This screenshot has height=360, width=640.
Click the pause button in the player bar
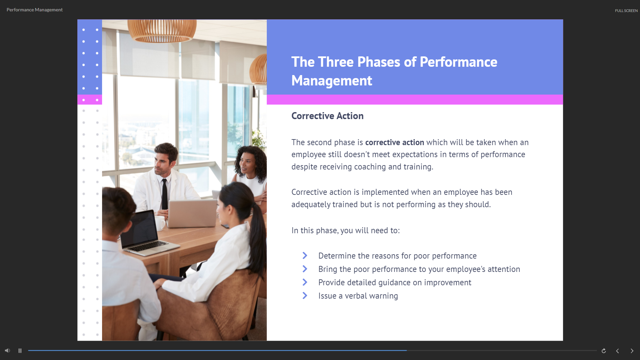click(x=20, y=351)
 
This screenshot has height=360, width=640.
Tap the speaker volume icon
click(x=7, y=351)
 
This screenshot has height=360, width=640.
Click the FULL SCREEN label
click(x=626, y=11)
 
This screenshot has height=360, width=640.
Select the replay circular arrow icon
click(x=604, y=351)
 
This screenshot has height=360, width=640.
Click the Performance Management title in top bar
click(x=35, y=10)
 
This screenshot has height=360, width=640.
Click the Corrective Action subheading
click(x=327, y=116)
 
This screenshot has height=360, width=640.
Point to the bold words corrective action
click(x=395, y=142)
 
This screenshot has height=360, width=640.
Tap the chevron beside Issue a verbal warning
click(x=305, y=296)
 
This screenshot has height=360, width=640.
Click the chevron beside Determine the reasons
click(x=305, y=256)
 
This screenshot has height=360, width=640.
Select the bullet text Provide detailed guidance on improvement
click(x=395, y=283)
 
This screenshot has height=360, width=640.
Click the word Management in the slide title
click(x=332, y=81)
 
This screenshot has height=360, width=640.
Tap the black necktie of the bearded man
click(x=164, y=194)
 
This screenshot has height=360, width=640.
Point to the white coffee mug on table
click(x=160, y=223)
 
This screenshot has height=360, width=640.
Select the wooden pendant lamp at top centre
click(x=162, y=30)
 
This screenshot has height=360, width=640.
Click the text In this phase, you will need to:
click(x=346, y=231)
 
